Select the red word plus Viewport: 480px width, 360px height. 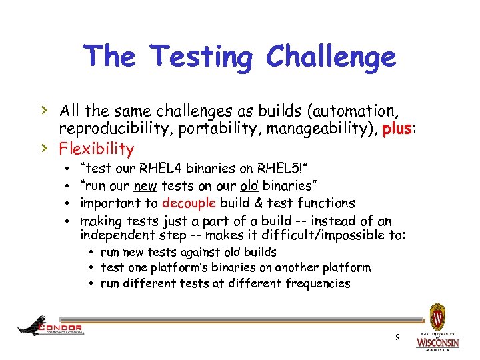398,129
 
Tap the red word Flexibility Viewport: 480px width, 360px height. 96,148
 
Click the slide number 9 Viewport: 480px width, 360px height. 397,337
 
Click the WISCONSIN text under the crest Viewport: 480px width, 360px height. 437,342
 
